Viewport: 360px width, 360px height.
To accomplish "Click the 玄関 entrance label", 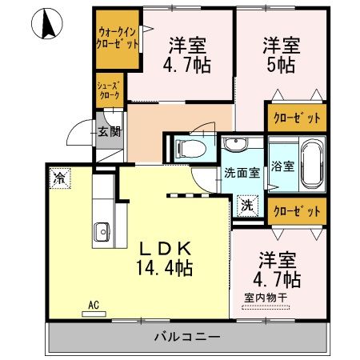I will click(x=108, y=133).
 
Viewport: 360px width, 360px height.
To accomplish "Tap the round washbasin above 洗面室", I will click(x=238, y=145).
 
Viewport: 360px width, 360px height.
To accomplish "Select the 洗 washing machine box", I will click(x=248, y=205).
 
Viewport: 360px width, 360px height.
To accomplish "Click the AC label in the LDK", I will click(x=94, y=305).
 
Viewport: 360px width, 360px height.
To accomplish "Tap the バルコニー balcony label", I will click(x=186, y=338).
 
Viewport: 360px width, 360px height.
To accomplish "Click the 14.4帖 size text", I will click(x=164, y=266).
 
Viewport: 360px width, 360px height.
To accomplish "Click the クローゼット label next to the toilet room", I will click(x=296, y=118).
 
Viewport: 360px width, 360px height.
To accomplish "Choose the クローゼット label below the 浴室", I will click(x=296, y=210).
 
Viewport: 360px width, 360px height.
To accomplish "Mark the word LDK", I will click(x=164, y=246).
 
